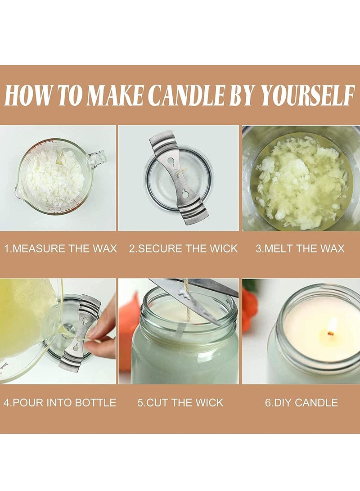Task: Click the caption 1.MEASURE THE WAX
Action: pyautogui.click(x=60, y=248)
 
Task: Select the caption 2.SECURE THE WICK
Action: pyautogui.click(x=183, y=248)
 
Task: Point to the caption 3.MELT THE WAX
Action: pyautogui.click(x=300, y=248)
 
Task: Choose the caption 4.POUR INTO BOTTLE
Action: pyautogui.click(x=60, y=402)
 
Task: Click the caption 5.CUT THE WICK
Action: pyautogui.click(x=180, y=402)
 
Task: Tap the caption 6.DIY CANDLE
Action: pyautogui.click(x=301, y=402)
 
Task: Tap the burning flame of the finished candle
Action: pyautogui.click(x=332, y=325)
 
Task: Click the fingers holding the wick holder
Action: pyautogui.click(x=102, y=331)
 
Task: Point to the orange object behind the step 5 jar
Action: pyautogui.click(x=129, y=324)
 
